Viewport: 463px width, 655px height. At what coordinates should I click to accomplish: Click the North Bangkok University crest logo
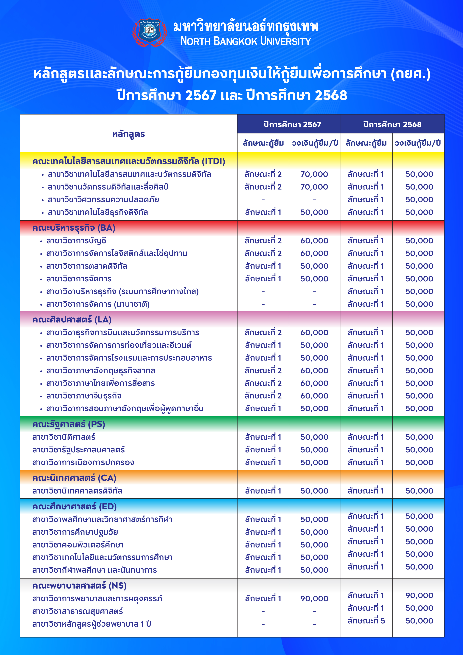150,32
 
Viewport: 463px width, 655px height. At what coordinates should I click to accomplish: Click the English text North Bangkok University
246,41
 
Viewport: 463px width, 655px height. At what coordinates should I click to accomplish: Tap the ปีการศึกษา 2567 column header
292,124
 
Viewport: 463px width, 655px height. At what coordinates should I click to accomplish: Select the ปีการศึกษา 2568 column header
392,124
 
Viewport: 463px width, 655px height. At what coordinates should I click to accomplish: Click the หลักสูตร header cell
129,134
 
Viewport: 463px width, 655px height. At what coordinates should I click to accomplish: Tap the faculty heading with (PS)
69,424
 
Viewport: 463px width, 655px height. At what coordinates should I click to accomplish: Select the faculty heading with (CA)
74,478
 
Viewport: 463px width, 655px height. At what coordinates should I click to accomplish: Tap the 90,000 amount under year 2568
419,596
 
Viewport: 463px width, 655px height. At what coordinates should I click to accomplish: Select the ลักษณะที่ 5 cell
366,621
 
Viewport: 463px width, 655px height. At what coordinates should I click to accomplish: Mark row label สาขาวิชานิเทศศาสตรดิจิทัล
77,491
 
